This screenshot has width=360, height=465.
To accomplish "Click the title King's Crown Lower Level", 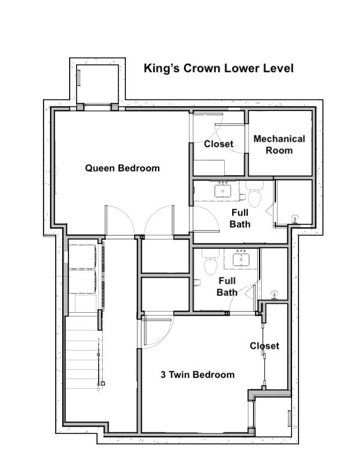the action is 219,69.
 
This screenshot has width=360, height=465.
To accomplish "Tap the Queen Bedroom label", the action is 123,168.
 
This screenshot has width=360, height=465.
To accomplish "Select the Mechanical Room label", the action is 279,144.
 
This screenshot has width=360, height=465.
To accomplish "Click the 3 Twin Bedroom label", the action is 197,374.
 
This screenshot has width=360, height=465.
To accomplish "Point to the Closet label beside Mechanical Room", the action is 219,144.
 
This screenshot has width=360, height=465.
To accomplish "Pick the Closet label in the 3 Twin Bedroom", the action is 264,346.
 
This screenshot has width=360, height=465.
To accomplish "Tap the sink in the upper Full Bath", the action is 223,191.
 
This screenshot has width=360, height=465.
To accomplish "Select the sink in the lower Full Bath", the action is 240,259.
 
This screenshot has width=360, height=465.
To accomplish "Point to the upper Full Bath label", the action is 240,219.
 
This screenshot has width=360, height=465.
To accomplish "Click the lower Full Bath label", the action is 227,287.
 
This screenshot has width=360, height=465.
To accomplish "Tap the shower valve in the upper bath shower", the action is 295,219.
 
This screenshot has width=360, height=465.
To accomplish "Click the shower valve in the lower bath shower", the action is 275,295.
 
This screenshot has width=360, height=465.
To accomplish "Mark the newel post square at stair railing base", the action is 103,384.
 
